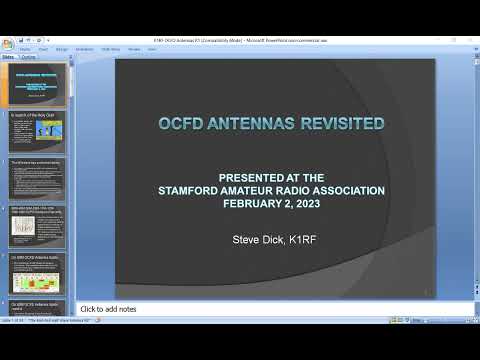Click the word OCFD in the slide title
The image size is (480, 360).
coord(182,124)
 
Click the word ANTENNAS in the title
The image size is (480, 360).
coord(257,124)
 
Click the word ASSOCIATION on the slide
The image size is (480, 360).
coord(340,190)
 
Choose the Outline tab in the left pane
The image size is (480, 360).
coord(29,58)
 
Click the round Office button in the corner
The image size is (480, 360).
coord(7,44)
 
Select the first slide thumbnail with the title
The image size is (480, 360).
coord(38,85)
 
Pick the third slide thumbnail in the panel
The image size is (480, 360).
coord(38,181)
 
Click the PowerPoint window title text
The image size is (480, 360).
coord(240,40)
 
